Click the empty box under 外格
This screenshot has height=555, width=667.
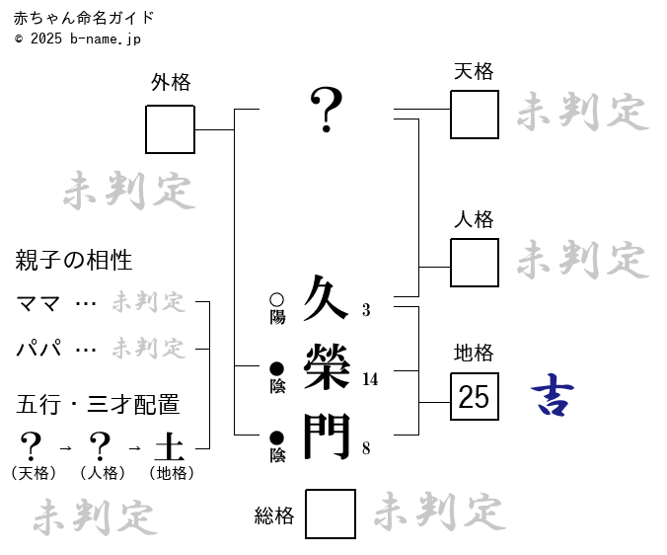click(170, 129)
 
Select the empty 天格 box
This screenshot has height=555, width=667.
click(474, 115)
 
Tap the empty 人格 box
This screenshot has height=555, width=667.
click(474, 263)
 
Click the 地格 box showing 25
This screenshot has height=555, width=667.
click(474, 397)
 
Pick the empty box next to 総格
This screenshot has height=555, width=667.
click(330, 514)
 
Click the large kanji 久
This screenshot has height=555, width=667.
click(327, 298)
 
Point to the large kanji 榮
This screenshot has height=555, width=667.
click(327, 367)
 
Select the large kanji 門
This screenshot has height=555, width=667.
click(327, 436)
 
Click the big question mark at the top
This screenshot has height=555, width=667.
click(327, 110)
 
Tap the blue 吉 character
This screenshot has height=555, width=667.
click(553, 396)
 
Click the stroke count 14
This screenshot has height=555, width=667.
click(370, 379)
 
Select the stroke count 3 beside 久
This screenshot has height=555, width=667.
click(366, 310)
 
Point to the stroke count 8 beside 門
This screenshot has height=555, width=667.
click(366, 448)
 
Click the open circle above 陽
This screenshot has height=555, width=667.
click(276, 299)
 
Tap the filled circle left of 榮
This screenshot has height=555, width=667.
click(276, 368)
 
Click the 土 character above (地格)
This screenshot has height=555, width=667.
click(169, 446)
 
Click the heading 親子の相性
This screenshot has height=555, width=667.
click(74, 261)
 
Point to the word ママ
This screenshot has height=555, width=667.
click(39, 303)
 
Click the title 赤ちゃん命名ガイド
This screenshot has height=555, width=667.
click(84, 18)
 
